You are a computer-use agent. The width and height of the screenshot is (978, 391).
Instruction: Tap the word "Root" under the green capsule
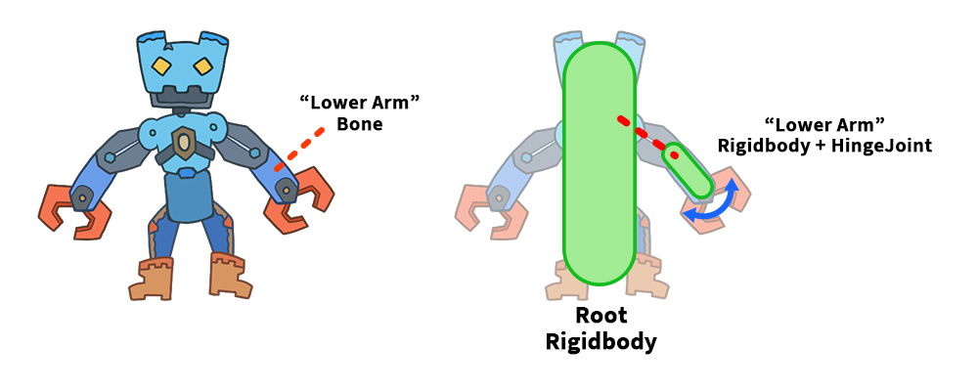point(600,317)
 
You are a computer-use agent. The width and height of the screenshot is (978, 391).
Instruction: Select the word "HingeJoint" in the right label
point(881,146)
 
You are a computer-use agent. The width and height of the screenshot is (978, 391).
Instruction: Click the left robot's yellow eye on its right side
point(203,67)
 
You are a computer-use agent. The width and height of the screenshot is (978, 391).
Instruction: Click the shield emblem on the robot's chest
point(183,143)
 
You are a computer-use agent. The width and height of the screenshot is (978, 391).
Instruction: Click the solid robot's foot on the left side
point(156,279)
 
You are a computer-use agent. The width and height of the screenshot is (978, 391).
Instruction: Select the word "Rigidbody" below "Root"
point(600,342)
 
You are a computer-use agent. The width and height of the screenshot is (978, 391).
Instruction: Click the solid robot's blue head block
point(181,61)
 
